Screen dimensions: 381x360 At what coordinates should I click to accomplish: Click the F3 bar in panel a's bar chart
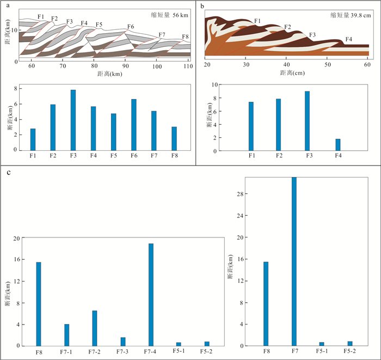pos(73,120)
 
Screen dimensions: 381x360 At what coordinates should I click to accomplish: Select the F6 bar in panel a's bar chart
pos(134,125)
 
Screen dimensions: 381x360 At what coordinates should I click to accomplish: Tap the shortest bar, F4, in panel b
pos(338,145)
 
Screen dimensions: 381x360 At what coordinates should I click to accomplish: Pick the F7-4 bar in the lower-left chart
pos(151,295)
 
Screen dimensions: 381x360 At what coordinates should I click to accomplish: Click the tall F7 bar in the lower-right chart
pos(294,261)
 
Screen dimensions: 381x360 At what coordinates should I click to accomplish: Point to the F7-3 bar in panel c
pos(123,341)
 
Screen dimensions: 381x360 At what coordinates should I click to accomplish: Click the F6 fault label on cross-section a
pos(131,27)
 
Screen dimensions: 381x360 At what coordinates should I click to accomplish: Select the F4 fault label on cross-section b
pos(349,39)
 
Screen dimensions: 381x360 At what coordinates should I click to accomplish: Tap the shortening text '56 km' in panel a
pos(180,15)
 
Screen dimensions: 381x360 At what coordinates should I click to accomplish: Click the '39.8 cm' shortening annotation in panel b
pos(360,16)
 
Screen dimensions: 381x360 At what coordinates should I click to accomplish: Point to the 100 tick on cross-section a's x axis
pos(157,66)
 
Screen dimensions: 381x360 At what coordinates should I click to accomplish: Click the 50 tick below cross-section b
pos(328,65)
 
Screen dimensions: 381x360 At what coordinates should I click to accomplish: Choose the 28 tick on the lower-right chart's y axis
pos(240,194)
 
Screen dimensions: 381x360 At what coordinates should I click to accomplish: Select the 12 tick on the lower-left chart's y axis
pos(16,281)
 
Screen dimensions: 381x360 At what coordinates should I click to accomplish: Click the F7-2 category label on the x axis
pos(94,352)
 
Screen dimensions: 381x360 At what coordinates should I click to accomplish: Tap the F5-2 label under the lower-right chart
pos(349,351)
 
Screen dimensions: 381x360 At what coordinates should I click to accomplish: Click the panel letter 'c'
pos(9,173)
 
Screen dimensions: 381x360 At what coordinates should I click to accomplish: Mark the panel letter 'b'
pos(202,6)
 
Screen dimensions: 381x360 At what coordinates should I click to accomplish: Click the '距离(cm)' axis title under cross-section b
pos(292,72)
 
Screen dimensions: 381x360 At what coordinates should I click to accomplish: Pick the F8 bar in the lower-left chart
pos(39,304)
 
